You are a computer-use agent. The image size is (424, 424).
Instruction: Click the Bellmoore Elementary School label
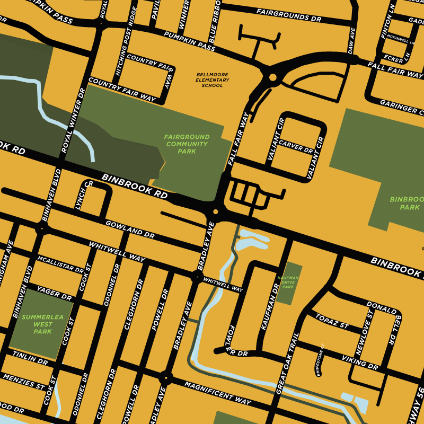[x=213, y=80]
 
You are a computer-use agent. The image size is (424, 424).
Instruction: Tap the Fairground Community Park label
[x=187, y=144]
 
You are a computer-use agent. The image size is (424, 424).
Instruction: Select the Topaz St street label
[x=332, y=321]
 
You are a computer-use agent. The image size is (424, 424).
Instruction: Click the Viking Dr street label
[x=360, y=363]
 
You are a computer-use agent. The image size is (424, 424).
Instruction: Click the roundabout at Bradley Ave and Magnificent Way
[x=166, y=378]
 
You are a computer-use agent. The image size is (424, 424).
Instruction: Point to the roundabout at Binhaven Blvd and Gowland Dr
[x=41, y=228]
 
